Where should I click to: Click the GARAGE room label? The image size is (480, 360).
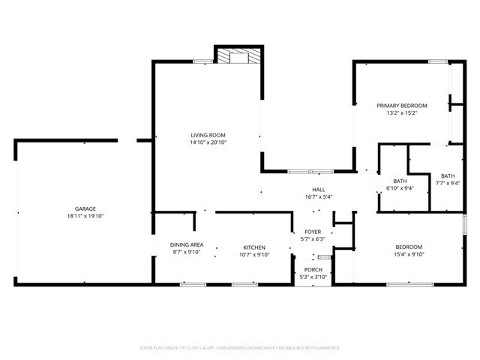(x=85, y=208)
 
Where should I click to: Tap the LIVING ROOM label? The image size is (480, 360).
(x=208, y=135)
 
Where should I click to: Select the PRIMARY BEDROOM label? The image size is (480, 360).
(x=401, y=106)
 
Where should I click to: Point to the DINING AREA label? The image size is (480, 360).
(x=187, y=245)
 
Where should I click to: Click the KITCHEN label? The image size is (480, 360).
(x=253, y=247)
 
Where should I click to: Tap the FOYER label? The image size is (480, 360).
(x=313, y=232)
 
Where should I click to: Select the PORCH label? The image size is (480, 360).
(x=313, y=269)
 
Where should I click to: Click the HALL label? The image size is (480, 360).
(x=319, y=190)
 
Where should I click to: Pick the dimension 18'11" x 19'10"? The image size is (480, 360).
(x=85, y=216)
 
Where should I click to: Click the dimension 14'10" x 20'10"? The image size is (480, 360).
(x=208, y=142)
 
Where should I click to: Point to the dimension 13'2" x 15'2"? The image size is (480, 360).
(x=401, y=113)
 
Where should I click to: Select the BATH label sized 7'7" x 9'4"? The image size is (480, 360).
(x=448, y=175)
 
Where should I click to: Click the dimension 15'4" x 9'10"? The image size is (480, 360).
(x=409, y=254)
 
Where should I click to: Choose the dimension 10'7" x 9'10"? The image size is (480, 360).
(x=253, y=254)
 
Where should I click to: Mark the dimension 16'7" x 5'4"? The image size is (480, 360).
(x=319, y=197)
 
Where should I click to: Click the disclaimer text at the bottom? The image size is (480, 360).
(x=240, y=348)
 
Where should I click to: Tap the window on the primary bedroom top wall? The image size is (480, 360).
(x=438, y=61)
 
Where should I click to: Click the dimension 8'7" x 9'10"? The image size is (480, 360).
(x=187, y=252)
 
